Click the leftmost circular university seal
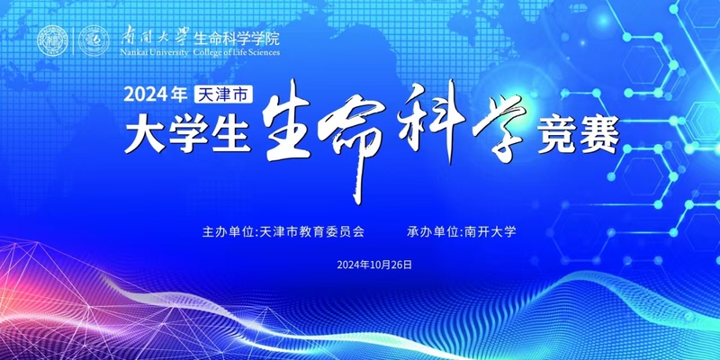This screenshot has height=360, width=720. [52, 40]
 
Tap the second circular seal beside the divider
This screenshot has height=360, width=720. [94, 40]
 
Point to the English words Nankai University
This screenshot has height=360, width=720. [154, 52]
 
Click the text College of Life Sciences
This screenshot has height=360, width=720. [237, 52]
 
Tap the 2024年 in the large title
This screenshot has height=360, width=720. [156, 94]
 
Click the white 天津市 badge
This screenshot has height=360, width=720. [223, 94]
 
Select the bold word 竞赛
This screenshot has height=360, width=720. [579, 134]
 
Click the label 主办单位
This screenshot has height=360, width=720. [229, 232]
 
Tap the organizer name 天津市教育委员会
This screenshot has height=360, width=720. [311, 232]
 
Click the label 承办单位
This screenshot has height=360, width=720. [433, 232]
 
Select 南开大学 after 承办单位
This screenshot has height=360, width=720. [490, 232]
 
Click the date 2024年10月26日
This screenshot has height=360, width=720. [374, 265]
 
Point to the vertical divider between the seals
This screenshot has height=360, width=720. [73, 40]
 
